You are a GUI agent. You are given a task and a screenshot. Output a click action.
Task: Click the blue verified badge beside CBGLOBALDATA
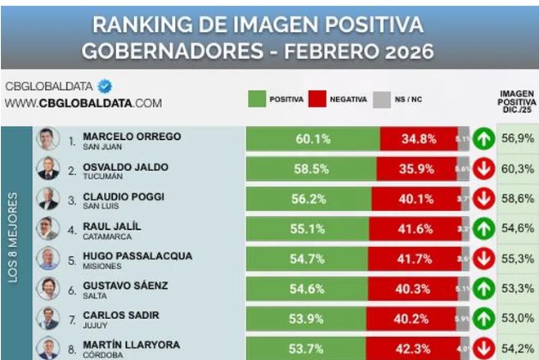pos(105,86)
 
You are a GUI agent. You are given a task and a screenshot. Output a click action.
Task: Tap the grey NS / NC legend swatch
pos(380,99)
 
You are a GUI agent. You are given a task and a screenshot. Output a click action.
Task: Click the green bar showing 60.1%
pos(312,139)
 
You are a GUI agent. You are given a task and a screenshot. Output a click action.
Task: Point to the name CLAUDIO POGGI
pos(124,196)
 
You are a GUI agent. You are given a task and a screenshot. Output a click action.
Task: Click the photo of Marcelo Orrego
pos(47,139)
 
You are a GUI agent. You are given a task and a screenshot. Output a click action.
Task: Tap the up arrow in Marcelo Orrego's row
pos(483,139)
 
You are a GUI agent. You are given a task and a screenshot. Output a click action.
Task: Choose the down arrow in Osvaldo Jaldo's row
pos(483,169)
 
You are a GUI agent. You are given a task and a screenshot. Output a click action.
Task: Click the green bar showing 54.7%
pos(308,258)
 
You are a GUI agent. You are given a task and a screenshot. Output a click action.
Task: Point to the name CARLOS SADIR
pos(121,315)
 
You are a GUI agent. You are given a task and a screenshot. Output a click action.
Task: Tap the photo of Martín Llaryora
pos(47,348)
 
